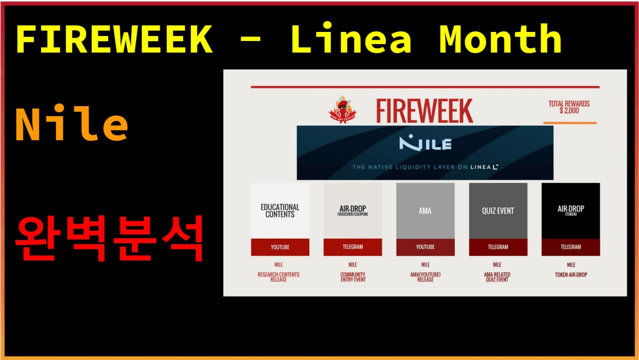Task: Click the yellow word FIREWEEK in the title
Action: click(114, 39)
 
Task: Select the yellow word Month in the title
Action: click(500, 39)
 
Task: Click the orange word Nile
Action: click(71, 126)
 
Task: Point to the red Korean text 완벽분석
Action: click(109, 239)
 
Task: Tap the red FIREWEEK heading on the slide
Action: click(424, 111)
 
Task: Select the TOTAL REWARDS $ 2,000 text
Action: click(569, 107)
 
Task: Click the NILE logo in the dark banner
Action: click(425, 144)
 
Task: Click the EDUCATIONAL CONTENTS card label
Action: click(280, 211)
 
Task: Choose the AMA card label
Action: click(425, 211)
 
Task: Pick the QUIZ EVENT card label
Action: click(498, 211)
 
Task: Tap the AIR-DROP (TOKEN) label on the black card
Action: click(571, 210)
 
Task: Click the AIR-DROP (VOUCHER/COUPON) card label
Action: click(353, 210)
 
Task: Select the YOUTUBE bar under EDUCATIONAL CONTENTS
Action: click(280, 247)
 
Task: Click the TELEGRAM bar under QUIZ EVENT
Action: click(498, 247)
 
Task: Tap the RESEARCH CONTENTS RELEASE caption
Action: click(279, 277)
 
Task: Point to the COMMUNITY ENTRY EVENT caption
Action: click(353, 277)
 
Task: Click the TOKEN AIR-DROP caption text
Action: click(571, 275)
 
